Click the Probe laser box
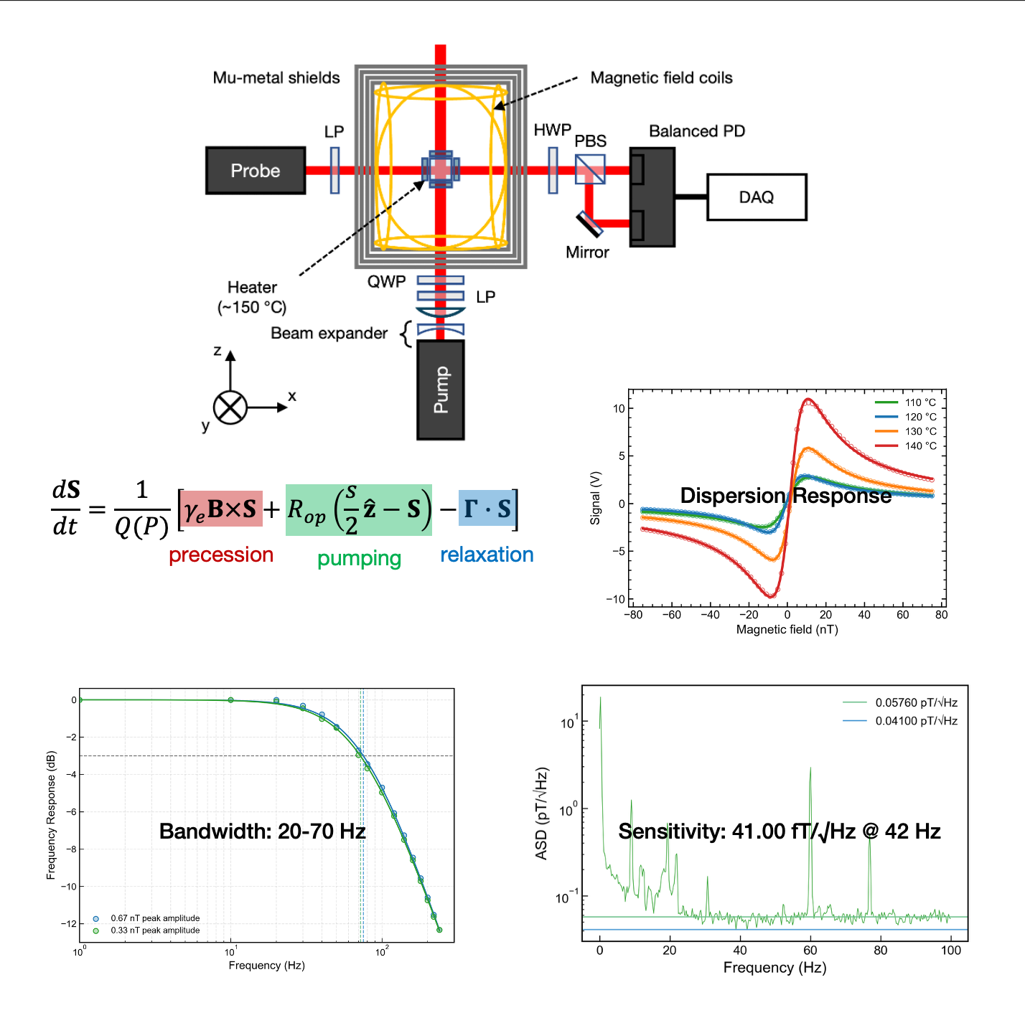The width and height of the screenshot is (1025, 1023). coord(256,170)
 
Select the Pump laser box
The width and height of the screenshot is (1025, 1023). coord(441,390)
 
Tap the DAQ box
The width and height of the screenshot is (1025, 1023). coord(757,197)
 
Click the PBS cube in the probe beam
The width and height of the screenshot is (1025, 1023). coord(590,169)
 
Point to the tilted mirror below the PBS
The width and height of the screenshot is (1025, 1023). coord(589,224)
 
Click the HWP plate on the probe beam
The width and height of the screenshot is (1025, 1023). coord(553,170)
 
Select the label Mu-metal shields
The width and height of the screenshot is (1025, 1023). coord(276,77)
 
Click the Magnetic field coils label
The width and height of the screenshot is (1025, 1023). coord(661,77)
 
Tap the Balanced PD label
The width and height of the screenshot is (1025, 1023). coord(697,131)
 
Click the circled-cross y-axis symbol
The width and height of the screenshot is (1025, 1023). coord(230,407)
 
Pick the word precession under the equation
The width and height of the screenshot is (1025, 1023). coord(221,555)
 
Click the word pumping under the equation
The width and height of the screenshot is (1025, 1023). coord(359,558)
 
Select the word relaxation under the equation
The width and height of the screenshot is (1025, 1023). coord(487,555)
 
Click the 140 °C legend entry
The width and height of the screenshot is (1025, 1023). coord(905,445)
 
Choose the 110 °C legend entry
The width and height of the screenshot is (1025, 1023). coord(905,402)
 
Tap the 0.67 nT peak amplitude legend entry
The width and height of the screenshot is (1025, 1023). coord(146,918)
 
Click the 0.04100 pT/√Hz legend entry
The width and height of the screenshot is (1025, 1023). coord(900,720)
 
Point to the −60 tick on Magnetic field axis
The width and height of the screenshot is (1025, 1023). coord(671,615)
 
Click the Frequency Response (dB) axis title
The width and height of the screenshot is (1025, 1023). coord(50,815)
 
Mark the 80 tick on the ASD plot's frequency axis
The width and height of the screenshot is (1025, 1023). coord(880,950)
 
